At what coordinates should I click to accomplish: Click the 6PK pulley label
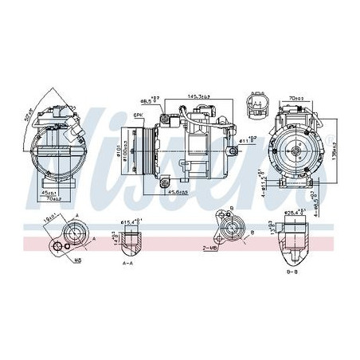tap(139, 115)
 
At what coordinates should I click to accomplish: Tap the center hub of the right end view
tap(300, 151)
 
